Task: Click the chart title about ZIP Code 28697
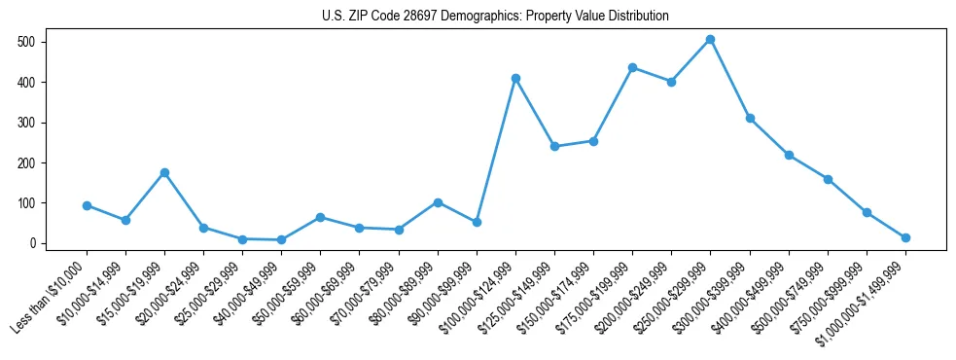[x=495, y=17]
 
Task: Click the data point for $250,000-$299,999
[x=710, y=40]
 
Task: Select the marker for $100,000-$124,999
[x=515, y=78]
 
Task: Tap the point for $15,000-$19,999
[x=164, y=172]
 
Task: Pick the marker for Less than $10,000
[x=87, y=205]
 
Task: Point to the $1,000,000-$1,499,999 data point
[x=905, y=237]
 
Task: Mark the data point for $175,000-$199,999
[x=632, y=67]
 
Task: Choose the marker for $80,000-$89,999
[x=438, y=202]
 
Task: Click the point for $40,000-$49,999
[x=281, y=239]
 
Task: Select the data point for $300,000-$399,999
[x=750, y=118]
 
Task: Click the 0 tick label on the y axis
[x=32, y=243]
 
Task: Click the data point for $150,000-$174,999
[x=593, y=141]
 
